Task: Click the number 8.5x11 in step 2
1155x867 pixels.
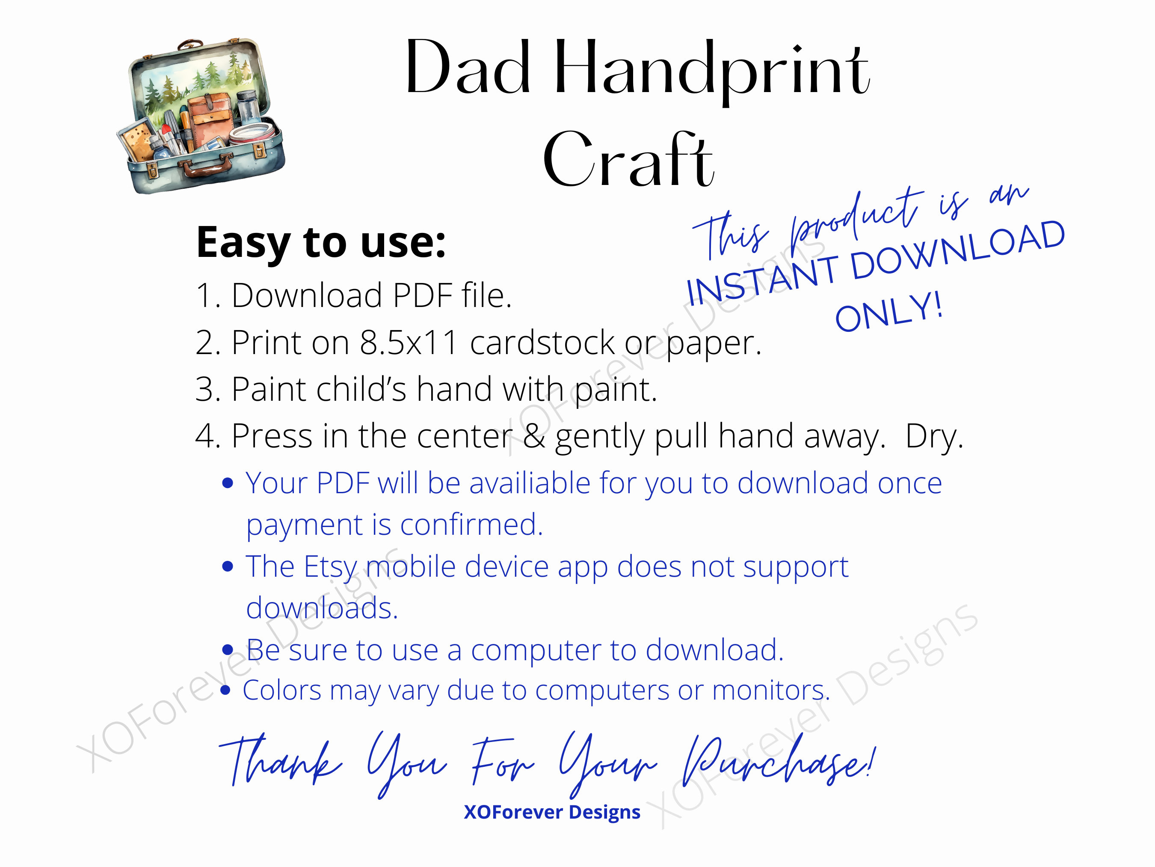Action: pos(409,343)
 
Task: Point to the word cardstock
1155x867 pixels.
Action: pos(542,343)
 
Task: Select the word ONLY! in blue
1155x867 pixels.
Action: pos(888,312)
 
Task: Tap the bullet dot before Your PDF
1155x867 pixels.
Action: pos(227,483)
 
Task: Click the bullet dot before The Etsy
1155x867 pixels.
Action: pos(227,566)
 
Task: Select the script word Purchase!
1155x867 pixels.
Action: pos(778,763)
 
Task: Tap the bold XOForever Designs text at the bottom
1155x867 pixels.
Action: pos(552,812)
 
